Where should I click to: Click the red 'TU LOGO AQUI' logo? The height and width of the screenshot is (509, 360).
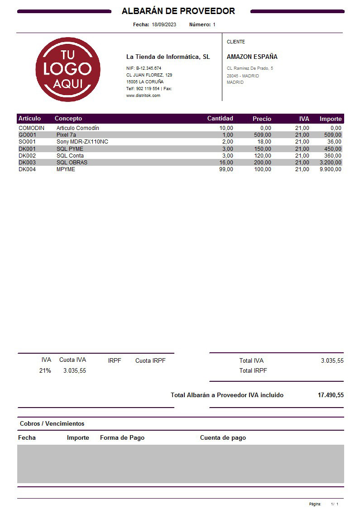click(68, 69)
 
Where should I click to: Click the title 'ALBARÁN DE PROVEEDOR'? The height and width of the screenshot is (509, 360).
click(178, 11)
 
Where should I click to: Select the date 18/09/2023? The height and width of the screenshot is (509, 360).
click(164, 24)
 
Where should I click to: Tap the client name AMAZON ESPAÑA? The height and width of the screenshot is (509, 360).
click(252, 57)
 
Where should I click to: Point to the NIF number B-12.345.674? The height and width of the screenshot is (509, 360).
click(149, 68)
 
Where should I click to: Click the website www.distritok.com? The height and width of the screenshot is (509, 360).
click(143, 96)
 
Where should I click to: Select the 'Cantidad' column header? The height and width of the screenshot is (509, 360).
click(220, 119)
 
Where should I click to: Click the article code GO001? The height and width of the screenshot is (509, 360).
click(27, 135)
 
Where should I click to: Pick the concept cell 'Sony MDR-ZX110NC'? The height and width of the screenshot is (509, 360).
click(82, 142)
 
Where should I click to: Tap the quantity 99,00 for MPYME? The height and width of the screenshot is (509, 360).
click(226, 169)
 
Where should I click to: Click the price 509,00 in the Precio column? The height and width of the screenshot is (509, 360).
click(262, 135)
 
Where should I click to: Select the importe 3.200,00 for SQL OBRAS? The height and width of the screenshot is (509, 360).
click(330, 163)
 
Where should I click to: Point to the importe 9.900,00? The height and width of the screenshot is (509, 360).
click(330, 169)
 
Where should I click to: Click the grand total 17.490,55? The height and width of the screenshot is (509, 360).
click(331, 395)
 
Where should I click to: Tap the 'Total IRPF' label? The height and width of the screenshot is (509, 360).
click(253, 370)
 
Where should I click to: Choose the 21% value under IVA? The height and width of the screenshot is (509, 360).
click(45, 370)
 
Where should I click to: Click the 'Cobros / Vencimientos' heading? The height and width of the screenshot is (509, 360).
click(52, 424)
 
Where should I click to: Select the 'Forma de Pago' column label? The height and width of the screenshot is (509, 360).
click(122, 438)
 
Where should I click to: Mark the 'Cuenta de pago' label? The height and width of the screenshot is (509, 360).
click(223, 438)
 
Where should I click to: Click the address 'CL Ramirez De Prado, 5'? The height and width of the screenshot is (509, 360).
click(250, 68)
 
